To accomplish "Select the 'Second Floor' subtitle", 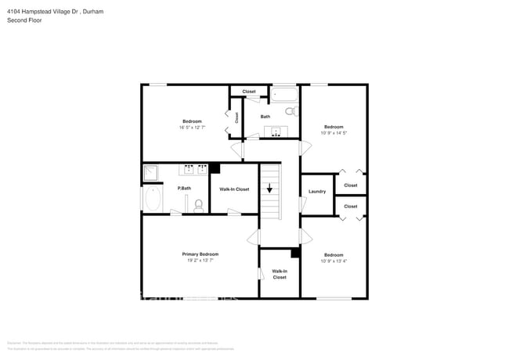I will [24, 20].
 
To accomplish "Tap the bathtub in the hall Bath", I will [284, 95].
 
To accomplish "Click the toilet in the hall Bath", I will [291, 112].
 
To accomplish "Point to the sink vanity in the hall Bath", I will [276, 131].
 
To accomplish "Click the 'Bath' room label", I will [265, 117].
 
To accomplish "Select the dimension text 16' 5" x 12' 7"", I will [192, 128].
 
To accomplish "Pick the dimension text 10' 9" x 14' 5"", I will [334, 133].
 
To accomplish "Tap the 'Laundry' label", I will [317, 191].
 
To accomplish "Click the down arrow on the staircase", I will [269, 189].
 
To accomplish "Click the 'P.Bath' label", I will [185, 188].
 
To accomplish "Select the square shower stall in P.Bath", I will [150, 173].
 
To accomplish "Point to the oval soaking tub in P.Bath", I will [152, 198].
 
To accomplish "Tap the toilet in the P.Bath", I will [198, 206].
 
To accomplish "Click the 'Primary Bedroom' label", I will [200, 254].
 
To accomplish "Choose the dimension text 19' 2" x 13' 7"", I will [200, 260].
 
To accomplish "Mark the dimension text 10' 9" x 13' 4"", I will [334, 261].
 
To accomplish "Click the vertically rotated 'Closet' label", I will [236, 117].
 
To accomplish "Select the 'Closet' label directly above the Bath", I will [249, 92].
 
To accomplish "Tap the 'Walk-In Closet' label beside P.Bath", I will [234, 189].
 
